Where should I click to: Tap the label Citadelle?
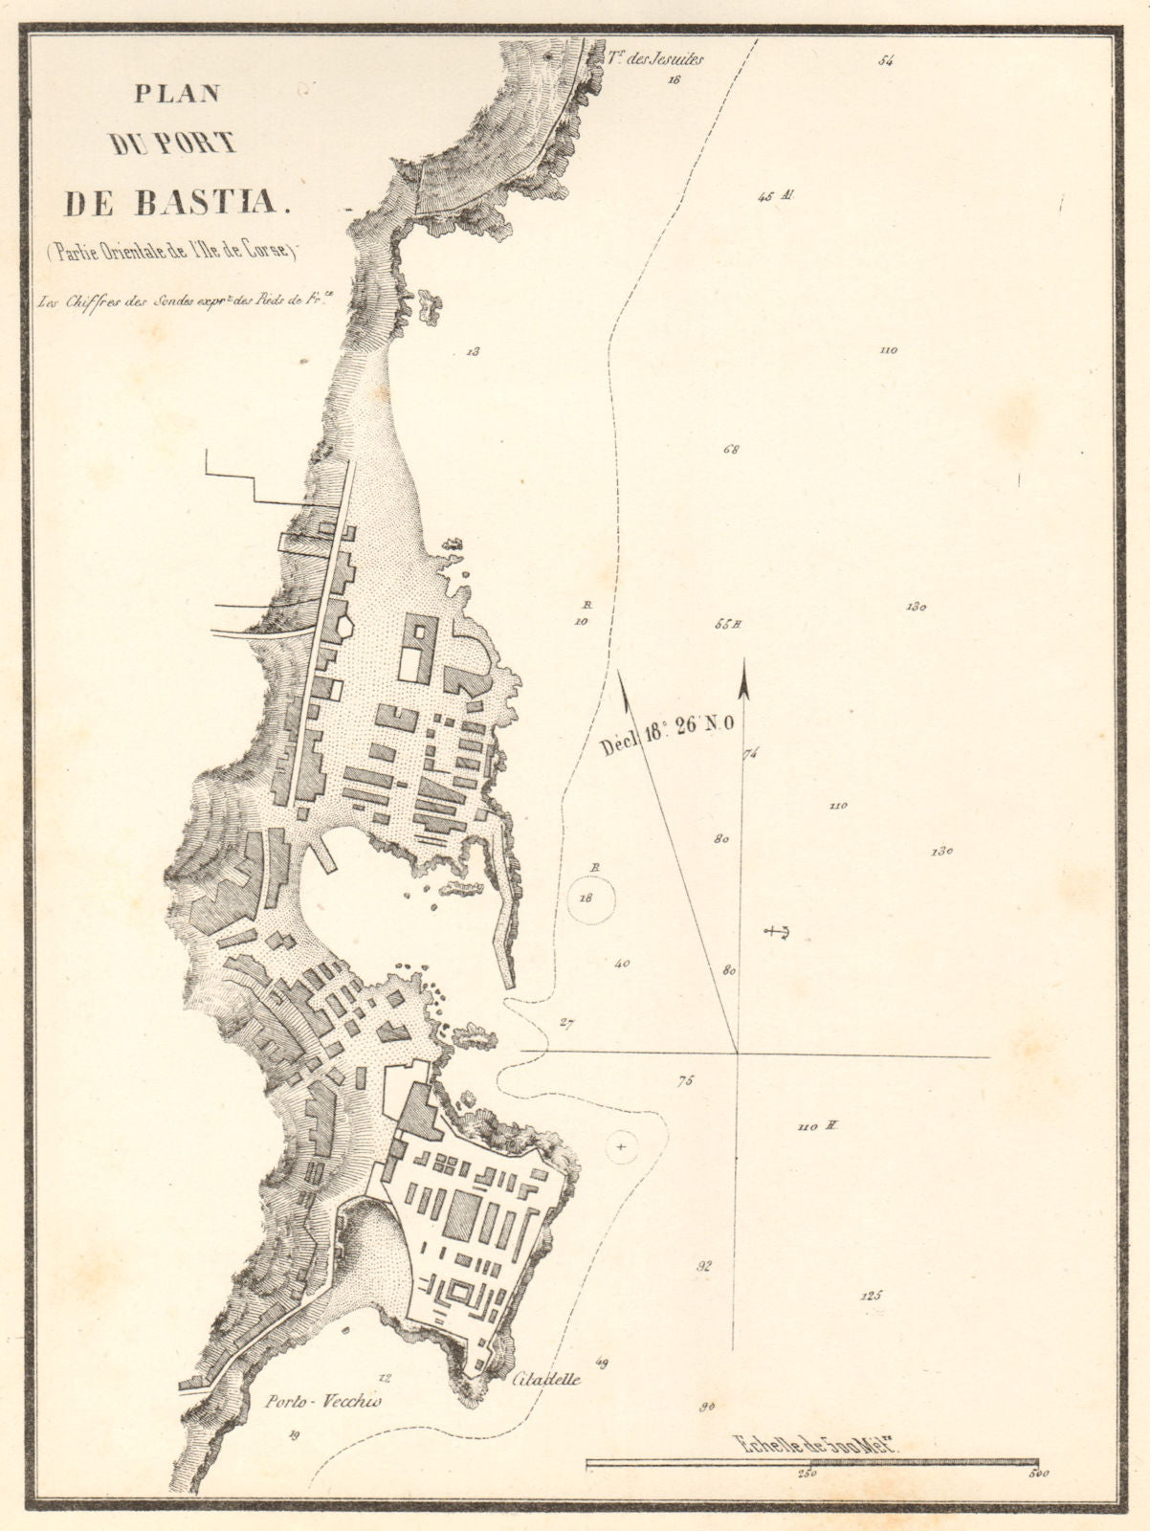[546, 1380]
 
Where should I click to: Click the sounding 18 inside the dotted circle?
[587, 898]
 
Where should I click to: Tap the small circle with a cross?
[622, 1145]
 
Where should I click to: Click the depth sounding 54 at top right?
[885, 61]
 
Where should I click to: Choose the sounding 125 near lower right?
[871, 1296]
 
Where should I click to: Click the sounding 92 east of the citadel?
[705, 1266]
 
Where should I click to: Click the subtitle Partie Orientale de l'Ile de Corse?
[169, 253]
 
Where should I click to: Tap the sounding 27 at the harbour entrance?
[566, 1025]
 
